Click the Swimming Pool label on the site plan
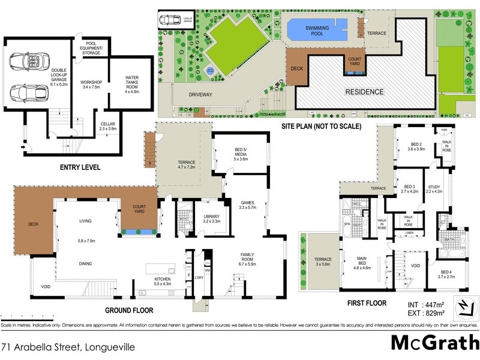317,28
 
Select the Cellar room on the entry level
109,125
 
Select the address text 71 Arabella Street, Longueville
68,347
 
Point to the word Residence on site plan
364,92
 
